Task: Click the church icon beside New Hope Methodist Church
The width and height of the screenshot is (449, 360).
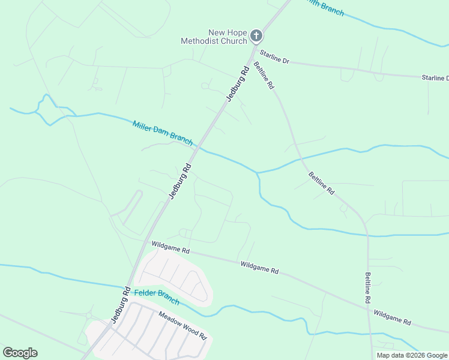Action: (256, 36)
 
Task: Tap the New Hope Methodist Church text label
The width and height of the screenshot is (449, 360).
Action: (214, 37)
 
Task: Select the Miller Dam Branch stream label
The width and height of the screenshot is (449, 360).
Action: (162, 133)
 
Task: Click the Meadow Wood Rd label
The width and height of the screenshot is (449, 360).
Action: (182, 325)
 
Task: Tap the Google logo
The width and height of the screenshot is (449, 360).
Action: (20, 352)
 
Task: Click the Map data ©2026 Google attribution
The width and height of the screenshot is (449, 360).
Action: (412, 355)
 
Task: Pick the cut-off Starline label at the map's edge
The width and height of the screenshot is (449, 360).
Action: (435, 78)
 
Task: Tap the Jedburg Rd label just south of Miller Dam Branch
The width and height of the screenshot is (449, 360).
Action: (179, 181)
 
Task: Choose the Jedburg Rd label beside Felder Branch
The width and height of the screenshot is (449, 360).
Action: (120, 303)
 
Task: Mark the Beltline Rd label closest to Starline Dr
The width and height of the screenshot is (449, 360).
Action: (264, 76)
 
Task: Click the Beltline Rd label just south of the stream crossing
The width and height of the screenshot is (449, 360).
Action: (321, 182)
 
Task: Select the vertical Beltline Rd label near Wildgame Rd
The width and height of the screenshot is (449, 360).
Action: (368, 287)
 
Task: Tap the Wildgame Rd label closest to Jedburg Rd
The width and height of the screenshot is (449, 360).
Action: (170, 245)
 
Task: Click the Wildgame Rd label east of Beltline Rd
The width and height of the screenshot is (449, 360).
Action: (392, 317)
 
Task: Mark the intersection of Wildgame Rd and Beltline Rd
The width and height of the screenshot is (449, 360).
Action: (367, 308)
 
